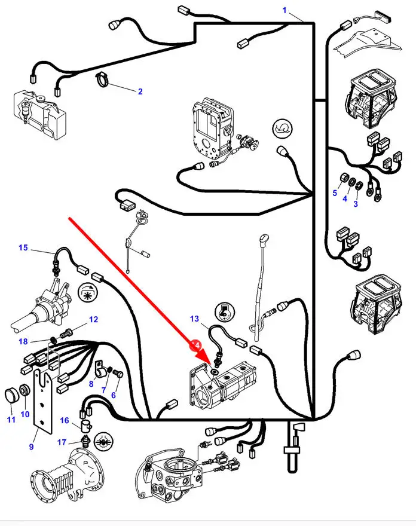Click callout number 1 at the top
point(285,11)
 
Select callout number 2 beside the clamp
point(140,91)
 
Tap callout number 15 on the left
point(23,247)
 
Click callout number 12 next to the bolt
point(93,320)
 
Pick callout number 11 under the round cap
point(11,419)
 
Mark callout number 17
point(62,442)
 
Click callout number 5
point(335,192)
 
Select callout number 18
point(23,341)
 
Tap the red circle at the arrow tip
point(195,345)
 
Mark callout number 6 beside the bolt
point(114,395)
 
